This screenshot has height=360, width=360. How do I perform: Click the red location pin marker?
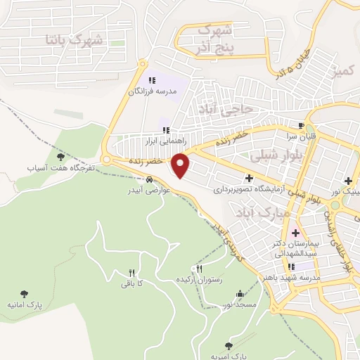181,165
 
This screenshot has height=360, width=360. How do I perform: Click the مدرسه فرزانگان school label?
153,91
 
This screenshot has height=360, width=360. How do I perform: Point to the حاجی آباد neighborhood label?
245,110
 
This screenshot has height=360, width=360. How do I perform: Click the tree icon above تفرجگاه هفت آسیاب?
59,156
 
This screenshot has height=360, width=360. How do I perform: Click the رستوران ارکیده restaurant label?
202,279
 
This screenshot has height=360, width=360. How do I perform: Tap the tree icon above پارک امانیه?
25,293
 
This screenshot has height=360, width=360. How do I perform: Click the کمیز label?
345,71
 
